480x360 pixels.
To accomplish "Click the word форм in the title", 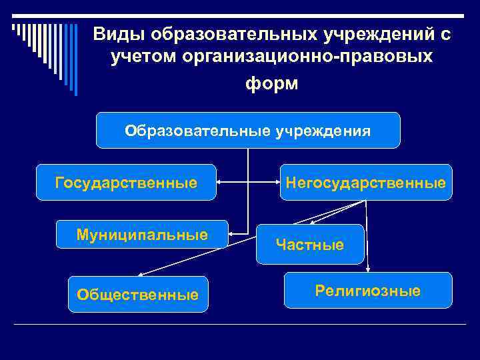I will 272,85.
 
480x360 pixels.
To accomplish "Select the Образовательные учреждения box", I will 248,130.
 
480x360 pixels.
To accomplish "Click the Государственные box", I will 126,182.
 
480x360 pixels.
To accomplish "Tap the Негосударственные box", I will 365,182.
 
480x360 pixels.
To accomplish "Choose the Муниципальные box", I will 142,234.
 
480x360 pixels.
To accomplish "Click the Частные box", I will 310,245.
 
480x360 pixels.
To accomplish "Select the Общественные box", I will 138,294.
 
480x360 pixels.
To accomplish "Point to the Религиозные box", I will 368,290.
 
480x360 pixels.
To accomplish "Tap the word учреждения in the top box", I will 323,130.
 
